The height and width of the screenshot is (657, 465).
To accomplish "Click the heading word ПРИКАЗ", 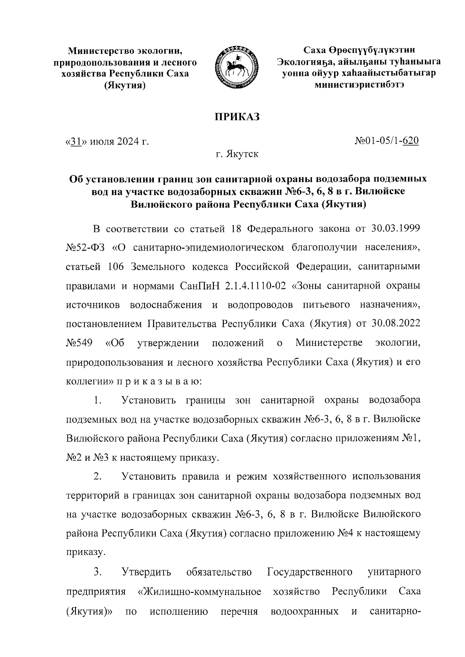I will point(237,117).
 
